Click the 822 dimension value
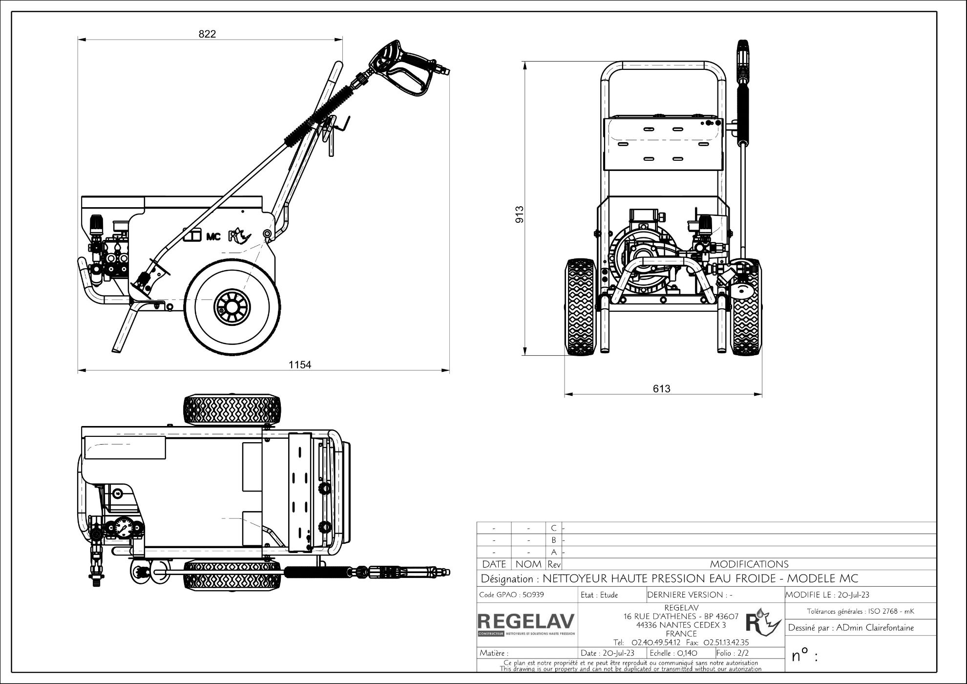pyautogui.click(x=207, y=34)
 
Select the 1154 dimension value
pyautogui.click(x=299, y=364)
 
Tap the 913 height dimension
pyautogui.click(x=520, y=214)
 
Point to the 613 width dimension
pyautogui.click(x=661, y=388)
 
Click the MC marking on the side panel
pyautogui.click(x=213, y=236)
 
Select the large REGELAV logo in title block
pyautogui.click(x=526, y=621)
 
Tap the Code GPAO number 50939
pyautogui.click(x=533, y=595)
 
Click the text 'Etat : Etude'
pyautogui.click(x=599, y=595)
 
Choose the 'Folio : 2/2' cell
pyautogui.click(x=733, y=653)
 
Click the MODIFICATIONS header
pyautogui.click(x=749, y=564)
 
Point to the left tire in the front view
pyautogui.click(x=581, y=307)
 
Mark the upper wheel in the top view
pyautogui.click(x=232, y=410)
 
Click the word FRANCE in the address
pyautogui.click(x=681, y=634)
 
